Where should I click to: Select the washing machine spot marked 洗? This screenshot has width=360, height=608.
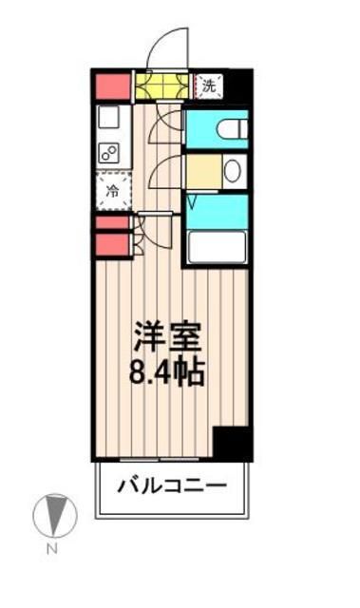pos(211,85)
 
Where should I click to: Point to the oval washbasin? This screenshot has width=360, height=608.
pos(231,170)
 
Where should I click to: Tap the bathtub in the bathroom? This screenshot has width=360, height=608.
pos(218,247)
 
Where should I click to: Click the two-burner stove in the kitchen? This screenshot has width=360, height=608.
pos(109,152)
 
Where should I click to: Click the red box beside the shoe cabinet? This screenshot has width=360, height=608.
pos(111,85)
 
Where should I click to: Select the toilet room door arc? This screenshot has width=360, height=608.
pos(168,121)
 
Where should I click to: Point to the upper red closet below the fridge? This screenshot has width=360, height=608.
pos(112,223)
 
